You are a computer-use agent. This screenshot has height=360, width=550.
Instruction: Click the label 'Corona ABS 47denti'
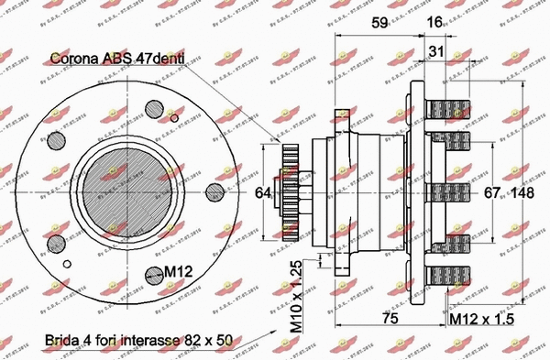click(118, 58)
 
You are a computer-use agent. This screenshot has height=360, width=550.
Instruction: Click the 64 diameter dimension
click(263, 192)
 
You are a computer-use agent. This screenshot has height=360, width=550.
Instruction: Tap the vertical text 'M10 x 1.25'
click(295, 295)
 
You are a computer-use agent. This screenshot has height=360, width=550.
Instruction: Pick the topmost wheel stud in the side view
click(448, 107)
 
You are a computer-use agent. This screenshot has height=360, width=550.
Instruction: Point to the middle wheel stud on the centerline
click(448, 191)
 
